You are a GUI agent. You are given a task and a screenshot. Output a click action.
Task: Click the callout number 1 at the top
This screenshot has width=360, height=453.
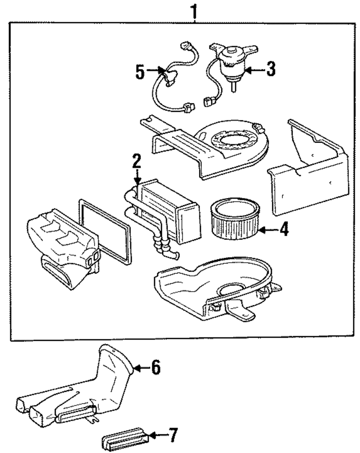(194, 12)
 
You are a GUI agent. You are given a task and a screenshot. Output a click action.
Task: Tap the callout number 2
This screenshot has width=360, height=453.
(137, 161)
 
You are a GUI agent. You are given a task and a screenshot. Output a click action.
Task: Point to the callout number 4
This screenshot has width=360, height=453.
(284, 229)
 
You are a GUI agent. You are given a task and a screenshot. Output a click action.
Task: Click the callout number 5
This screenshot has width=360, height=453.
(140, 72)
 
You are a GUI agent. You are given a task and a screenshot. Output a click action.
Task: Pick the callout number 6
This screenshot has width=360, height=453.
(156, 367)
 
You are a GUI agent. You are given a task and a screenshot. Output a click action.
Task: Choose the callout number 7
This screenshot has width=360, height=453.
(173, 435)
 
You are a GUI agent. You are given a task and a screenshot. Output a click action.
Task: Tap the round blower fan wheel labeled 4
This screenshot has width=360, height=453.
(235, 218)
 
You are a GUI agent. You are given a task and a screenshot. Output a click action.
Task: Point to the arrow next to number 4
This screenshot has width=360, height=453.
(269, 230)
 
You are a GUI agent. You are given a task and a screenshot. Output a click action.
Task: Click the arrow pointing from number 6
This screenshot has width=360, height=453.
(142, 368)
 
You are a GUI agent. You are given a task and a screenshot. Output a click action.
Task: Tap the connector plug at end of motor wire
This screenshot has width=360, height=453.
(208, 102)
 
